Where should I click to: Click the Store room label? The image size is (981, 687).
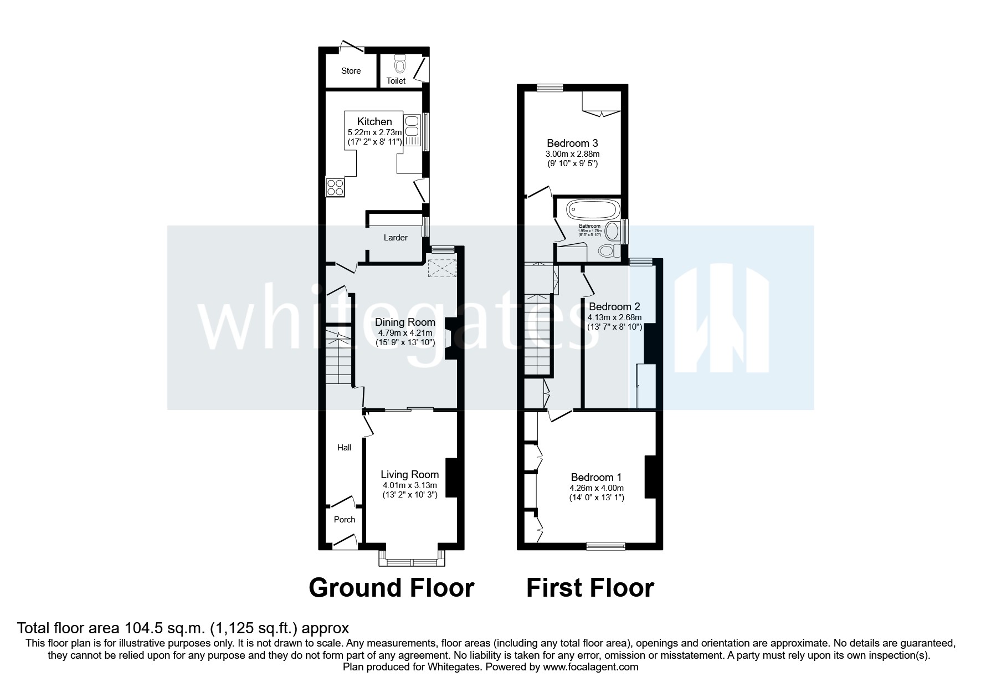pos(351,71)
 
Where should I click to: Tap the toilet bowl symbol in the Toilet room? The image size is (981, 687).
pos(400,65)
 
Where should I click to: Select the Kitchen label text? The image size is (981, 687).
pos(374,121)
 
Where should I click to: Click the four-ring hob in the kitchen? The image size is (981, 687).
pos(335,187)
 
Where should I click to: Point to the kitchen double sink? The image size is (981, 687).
pos(412,126)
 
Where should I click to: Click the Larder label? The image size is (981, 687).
pos(396,238)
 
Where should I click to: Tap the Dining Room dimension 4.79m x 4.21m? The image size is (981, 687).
pos(405,333)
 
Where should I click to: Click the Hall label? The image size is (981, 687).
pos(345,448)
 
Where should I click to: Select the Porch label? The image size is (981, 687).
pos(345,520)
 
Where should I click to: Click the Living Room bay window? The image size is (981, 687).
pos(412,561)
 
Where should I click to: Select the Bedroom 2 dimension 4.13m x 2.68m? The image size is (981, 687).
pos(614,317)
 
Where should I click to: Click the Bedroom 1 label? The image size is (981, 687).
pos(596,477)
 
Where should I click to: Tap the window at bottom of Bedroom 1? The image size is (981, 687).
pos(606,546)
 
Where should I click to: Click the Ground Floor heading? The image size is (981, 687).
pos(391,588)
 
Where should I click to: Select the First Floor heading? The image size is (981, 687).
pos(590,588)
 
